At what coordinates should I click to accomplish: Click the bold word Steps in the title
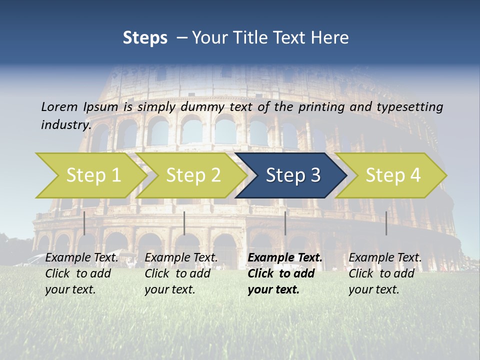coord(145,38)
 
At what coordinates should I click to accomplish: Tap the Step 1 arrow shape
coord(93,175)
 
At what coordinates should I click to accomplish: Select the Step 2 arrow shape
coord(193,175)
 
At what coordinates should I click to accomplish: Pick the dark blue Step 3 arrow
coord(293,175)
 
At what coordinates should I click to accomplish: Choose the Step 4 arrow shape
coord(393,175)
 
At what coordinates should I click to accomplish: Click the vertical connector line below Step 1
coord(84,223)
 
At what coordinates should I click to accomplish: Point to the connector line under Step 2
coord(184,223)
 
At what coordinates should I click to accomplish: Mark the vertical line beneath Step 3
coord(285,223)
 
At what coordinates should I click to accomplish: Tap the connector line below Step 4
coord(386,223)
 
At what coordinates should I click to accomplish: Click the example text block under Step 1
coord(81,273)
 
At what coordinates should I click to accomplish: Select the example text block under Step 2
coord(180,273)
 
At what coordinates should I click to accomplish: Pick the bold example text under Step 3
coord(284,273)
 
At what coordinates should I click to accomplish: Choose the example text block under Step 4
coord(384,273)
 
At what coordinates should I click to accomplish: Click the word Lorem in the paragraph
coord(59,106)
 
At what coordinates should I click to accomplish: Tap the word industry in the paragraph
coord(66,124)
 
